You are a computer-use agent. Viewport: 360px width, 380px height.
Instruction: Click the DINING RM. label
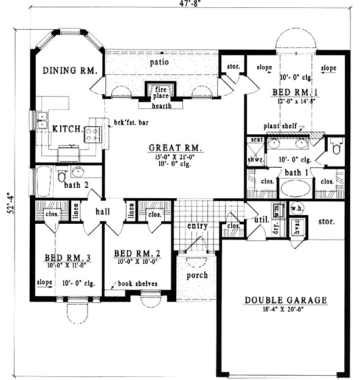click(70, 71)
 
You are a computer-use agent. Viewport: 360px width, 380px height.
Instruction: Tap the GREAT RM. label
click(176, 148)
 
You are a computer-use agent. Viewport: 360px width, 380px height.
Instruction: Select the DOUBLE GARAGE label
click(286, 300)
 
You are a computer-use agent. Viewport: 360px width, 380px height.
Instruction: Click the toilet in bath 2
click(61, 177)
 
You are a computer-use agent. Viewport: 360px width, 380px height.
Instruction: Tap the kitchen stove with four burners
click(92, 134)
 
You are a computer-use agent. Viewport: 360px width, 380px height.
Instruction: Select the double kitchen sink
click(41, 120)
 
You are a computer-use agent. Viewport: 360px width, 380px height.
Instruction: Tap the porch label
click(196, 275)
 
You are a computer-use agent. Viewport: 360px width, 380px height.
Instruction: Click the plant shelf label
click(280, 126)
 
